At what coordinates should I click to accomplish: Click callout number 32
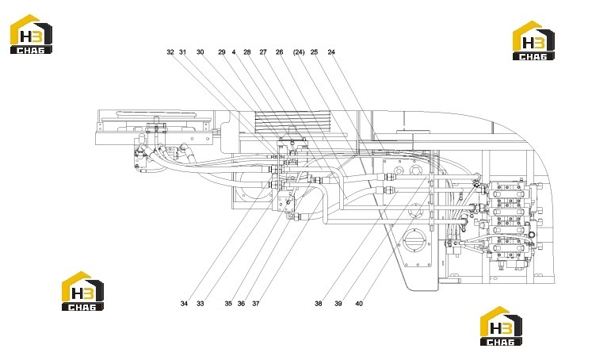coord(170,52)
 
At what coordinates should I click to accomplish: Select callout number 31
coord(183,52)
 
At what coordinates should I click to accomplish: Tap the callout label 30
coord(200,52)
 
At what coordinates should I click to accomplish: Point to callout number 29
coord(222,52)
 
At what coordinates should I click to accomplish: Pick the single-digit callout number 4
coord(234,52)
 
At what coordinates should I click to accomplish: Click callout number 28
coord(247,52)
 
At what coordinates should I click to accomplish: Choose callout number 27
coord(263,52)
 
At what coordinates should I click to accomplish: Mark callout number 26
coord(280,52)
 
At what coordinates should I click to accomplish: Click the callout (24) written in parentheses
coord(299,52)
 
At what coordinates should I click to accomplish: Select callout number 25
coord(314,52)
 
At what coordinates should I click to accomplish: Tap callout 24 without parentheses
coord(331,52)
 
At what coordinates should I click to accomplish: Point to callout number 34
coord(184,304)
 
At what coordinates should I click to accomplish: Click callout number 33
coord(200,304)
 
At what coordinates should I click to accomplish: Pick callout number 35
coord(228,304)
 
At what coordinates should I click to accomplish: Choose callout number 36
coord(241,304)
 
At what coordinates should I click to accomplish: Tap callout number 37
coord(256,304)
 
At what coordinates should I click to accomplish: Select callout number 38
coord(319,304)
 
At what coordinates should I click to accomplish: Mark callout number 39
coord(338,304)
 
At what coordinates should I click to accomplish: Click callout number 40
coord(359,304)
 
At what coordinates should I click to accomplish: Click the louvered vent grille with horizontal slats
coord(292,122)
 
